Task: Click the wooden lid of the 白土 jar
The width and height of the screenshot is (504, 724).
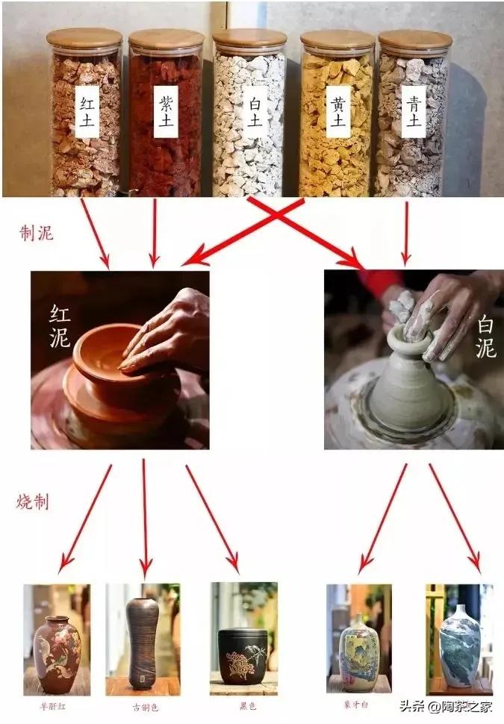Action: pyautogui.click(x=249, y=38)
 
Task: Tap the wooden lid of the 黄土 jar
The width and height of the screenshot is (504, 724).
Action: pyautogui.click(x=337, y=40)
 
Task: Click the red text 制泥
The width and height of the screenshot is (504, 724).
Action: pyautogui.click(x=36, y=233)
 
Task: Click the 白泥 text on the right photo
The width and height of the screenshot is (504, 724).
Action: pyautogui.click(x=485, y=337)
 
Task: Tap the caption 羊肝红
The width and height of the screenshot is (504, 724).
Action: pyautogui.click(x=57, y=704)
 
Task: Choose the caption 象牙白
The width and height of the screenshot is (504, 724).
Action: pyautogui.click(x=359, y=702)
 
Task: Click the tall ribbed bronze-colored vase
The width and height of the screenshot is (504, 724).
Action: pyautogui.click(x=142, y=642)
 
